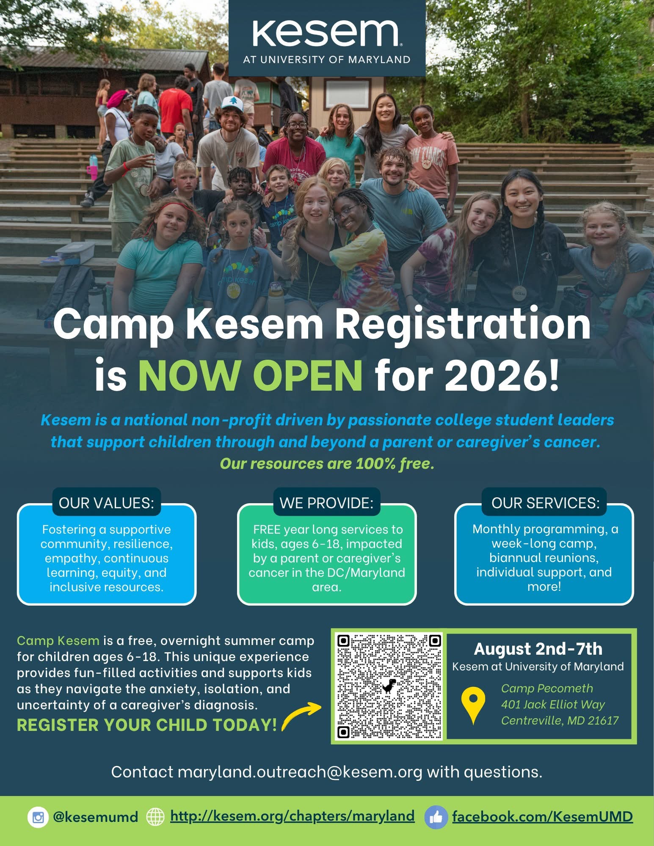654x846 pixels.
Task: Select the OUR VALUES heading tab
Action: click(x=106, y=503)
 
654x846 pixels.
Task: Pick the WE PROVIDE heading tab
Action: click(x=326, y=503)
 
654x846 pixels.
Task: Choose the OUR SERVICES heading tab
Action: click(x=545, y=503)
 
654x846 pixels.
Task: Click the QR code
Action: click(x=389, y=686)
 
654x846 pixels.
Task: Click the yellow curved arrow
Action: click(x=301, y=716)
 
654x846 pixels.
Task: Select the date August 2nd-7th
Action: click(x=538, y=648)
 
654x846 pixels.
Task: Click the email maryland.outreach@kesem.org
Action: click(x=300, y=772)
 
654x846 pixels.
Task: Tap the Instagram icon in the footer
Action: click(x=38, y=817)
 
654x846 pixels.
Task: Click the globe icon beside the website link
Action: click(x=155, y=817)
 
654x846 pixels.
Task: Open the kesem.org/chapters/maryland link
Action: click(x=292, y=816)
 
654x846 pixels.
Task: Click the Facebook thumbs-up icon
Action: click(x=436, y=817)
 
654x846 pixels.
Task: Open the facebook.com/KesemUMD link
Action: click(x=542, y=816)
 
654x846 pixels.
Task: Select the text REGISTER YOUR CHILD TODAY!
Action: click(x=147, y=725)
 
